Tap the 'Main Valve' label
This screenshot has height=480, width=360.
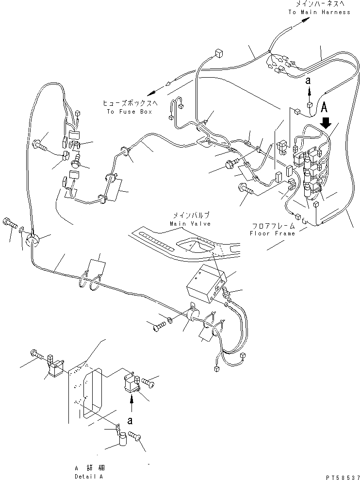190,224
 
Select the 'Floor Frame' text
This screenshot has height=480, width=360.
272,233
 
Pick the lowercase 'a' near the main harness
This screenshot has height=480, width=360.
308,82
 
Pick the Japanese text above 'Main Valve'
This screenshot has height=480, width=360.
190,215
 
